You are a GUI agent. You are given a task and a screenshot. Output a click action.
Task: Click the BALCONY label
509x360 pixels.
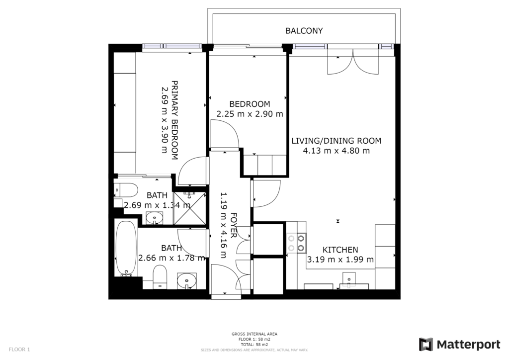tap(304, 31)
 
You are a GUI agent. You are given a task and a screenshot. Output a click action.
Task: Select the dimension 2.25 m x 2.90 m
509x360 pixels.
tap(250, 114)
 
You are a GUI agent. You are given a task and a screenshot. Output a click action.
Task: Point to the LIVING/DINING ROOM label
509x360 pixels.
tap(336, 141)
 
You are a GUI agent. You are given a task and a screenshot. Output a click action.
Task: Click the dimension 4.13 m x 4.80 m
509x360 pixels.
tap(336, 151)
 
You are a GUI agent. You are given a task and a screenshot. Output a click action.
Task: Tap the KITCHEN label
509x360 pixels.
tap(340, 250)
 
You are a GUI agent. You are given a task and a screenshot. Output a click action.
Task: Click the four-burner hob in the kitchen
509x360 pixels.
tap(296, 243)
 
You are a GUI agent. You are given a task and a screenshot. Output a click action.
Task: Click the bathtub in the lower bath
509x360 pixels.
tap(126, 249)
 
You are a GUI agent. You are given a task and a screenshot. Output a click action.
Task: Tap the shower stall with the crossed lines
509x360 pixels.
tap(189, 207)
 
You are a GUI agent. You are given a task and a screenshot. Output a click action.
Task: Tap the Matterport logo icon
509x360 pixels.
tap(425, 345)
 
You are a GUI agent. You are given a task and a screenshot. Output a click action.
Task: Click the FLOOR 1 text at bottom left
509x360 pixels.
tap(19, 350)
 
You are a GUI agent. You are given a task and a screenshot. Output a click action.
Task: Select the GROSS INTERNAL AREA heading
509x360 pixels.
tap(254, 334)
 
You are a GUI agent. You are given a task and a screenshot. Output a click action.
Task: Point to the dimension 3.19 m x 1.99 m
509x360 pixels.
tap(340, 260)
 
